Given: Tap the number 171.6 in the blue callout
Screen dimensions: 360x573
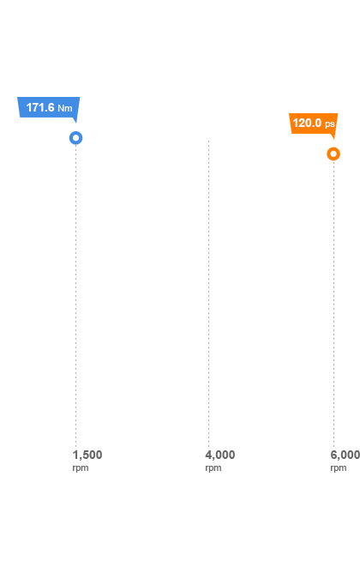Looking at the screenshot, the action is pyautogui.click(x=40, y=107).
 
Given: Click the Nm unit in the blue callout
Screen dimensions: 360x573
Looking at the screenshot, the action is pyautogui.click(x=65, y=108).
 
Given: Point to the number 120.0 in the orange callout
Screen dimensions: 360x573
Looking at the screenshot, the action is pyautogui.click(x=307, y=123).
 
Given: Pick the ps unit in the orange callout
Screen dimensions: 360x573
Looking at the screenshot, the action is pyautogui.click(x=330, y=124).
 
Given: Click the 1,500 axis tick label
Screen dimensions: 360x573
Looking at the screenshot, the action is pyautogui.click(x=87, y=455).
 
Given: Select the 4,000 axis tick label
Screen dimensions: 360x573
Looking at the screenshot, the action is pyautogui.click(x=220, y=455).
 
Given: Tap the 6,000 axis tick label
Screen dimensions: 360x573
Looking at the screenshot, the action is pyautogui.click(x=345, y=455).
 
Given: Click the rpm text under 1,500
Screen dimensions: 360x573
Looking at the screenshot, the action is pyautogui.click(x=81, y=468).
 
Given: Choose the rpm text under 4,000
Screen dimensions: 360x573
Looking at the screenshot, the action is pyautogui.click(x=213, y=468).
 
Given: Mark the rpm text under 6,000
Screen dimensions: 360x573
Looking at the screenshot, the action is pyautogui.click(x=339, y=468).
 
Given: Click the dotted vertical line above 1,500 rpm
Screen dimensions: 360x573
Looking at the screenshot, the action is pyautogui.click(x=76, y=295).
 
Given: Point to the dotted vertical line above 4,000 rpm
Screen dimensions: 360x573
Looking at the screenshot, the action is pyautogui.click(x=209, y=293).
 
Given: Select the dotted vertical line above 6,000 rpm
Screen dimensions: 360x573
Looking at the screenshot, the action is pyautogui.click(x=333, y=304).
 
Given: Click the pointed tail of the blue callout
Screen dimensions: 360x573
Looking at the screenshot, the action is pyautogui.click(x=76, y=123).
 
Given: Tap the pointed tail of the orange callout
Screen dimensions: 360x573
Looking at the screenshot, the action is pyautogui.click(x=333, y=138).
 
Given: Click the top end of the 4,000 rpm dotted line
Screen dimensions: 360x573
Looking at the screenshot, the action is pyautogui.click(x=209, y=141).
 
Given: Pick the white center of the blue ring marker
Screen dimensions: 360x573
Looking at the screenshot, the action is pyautogui.click(x=76, y=138).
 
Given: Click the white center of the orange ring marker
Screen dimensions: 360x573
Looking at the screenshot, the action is pyautogui.click(x=333, y=154).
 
